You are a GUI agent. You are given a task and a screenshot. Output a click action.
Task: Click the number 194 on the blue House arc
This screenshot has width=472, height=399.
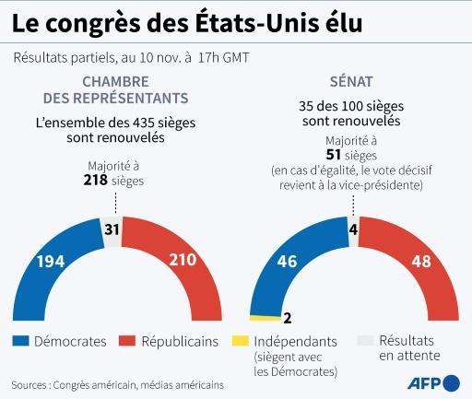pyautogui.click(x=50, y=262)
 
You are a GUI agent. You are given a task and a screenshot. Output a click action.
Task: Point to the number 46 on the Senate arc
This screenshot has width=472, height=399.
pyautogui.click(x=287, y=262)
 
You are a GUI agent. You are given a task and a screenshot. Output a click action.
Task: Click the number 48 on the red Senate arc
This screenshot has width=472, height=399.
pyautogui.click(x=422, y=262)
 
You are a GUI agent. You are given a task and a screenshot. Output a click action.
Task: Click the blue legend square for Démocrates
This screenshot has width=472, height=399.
pyautogui.click(x=20, y=341)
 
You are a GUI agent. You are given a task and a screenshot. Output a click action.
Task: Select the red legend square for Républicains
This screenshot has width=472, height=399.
pyautogui.click(x=128, y=341)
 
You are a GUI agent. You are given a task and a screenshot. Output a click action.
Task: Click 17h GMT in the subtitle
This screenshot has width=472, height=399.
pyautogui.click(x=224, y=57)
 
